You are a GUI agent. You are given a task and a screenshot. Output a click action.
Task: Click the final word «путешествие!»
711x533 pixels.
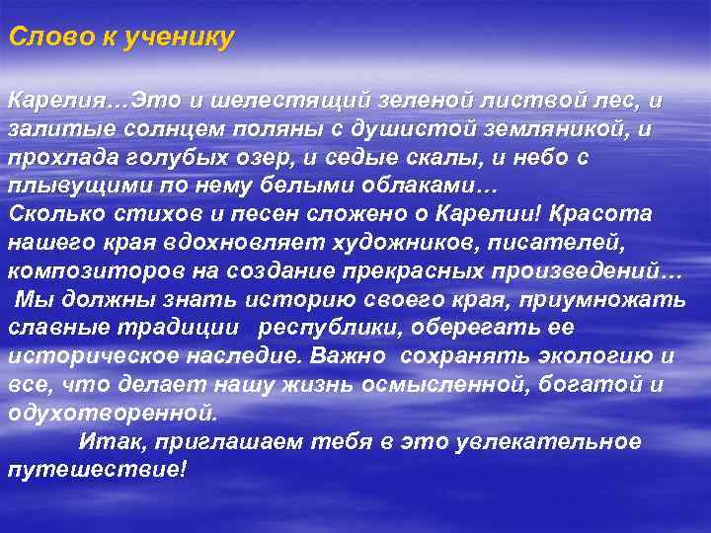pyautogui.click(x=96, y=471)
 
